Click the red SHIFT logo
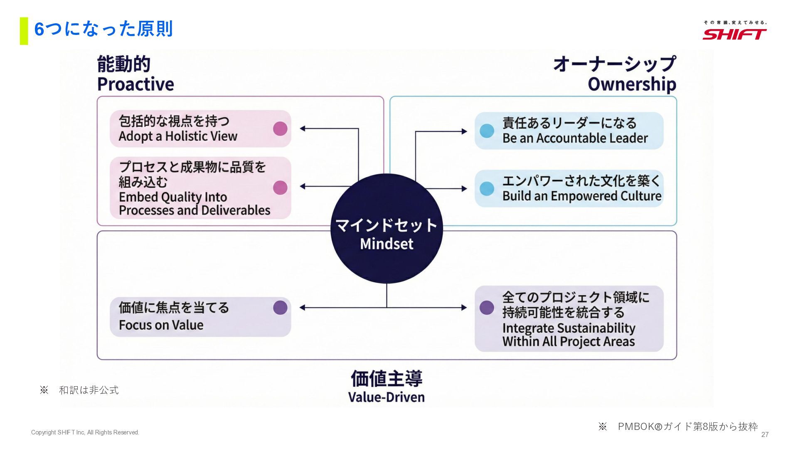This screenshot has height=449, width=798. [734, 34]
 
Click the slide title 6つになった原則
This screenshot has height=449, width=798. [103, 29]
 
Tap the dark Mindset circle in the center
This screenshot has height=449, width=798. [387, 229]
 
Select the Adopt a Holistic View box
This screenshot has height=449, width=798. [200, 128]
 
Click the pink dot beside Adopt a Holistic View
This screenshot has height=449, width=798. [280, 128]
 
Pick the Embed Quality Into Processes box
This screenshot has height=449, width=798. [200, 188]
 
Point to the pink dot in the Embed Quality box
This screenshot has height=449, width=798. [280, 187]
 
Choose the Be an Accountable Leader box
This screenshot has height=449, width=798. [569, 131]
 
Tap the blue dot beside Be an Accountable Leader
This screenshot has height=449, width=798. [487, 131]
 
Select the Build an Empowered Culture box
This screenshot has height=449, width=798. [569, 188]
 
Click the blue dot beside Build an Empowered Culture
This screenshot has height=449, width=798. [487, 188]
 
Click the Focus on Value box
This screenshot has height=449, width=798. [200, 316]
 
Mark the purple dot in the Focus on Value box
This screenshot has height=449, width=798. [280, 308]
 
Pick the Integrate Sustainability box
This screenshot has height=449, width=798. [569, 318]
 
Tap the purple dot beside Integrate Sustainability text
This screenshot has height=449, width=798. [487, 308]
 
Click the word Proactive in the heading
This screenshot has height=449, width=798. [135, 84]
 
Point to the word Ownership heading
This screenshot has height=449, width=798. [632, 84]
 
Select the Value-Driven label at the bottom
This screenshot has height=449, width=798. [387, 397]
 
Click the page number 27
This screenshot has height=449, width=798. [765, 434]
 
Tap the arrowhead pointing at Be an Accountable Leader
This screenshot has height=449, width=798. [464, 131]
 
